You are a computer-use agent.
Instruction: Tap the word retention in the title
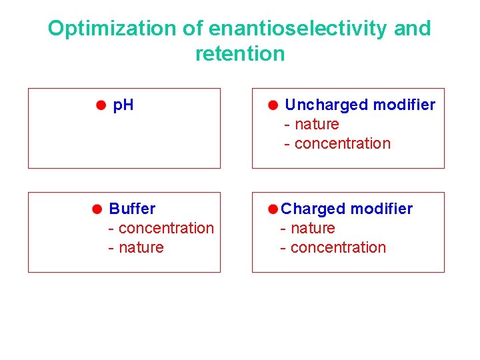(x=239, y=54)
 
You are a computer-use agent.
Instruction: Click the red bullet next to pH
(x=100, y=105)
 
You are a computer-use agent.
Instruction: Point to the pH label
(x=123, y=105)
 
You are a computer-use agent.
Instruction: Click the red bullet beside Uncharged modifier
(x=273, y=105)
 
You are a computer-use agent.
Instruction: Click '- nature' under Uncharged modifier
(x=311, y=124)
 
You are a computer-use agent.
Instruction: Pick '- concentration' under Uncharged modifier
(x=337, y=143)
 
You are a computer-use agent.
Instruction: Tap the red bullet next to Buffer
(x=97, y=209)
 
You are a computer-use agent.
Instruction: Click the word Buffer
(x=132, y=209)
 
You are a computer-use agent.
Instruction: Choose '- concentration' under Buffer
(x=161, y=228)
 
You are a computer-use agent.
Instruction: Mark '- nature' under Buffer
(x=136, y=247)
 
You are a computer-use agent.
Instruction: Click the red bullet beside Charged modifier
(x=273, y=209)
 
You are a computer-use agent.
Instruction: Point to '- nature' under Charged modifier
(x=307, y=228)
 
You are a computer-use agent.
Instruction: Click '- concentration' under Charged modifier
(x=333, y=247)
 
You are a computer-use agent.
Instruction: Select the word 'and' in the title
(x=413, y=29)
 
